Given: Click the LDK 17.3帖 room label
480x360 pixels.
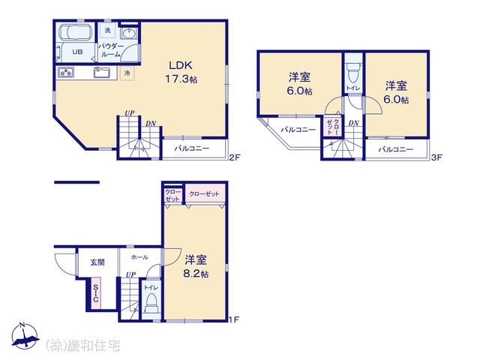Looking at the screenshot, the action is pos(181,72).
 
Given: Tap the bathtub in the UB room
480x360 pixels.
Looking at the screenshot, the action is pos(75,32).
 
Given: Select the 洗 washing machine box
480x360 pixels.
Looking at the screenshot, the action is pos(107,30).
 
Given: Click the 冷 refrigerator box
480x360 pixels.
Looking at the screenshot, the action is pos(127,73).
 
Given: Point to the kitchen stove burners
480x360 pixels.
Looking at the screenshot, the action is pos(66,73).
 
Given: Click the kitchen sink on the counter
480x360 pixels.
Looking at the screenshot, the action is pos(102,73).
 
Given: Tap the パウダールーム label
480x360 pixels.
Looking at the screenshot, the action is pos(111,50).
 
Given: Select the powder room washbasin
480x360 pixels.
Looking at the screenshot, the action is pos(128,33).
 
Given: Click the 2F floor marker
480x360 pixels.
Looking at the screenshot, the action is pos(235,157).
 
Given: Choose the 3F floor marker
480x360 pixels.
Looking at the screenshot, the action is pos(436,157).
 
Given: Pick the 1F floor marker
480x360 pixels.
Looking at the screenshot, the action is pos(234,319).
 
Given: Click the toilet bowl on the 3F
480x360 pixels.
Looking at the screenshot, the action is pos(353,73).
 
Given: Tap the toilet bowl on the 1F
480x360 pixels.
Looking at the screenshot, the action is pos(151,302).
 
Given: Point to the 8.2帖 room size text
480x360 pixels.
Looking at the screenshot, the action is pos(196,274).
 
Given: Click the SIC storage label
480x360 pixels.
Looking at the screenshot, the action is pos(96,293).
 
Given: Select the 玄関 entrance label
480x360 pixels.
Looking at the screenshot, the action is pos(97,262).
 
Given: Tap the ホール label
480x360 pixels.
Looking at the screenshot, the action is pos(139,257).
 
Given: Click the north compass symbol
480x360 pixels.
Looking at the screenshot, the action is pos(25,335).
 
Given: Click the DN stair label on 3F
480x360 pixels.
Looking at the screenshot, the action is pos(353,123).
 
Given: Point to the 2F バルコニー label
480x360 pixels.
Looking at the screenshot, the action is pos(192,148).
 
